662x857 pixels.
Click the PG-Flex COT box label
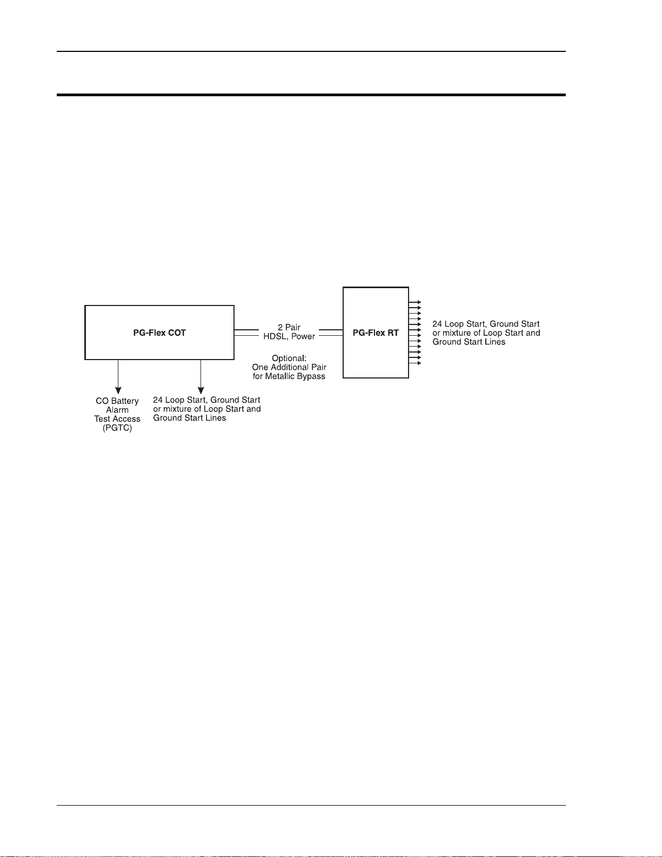159,333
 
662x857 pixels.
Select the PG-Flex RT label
376,333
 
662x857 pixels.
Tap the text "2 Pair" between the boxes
289,327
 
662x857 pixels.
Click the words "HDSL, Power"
289,336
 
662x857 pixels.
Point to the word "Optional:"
289,358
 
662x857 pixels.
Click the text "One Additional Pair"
289,367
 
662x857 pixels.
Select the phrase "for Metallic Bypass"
289,376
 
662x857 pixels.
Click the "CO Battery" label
117,401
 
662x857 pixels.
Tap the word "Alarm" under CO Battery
117,410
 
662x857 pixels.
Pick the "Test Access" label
117,419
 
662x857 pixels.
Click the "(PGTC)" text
117,428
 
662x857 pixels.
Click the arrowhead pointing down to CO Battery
118,390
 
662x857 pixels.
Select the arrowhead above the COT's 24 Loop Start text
200,390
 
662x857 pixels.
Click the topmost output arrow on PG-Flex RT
418,302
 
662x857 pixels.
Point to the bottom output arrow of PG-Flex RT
418,363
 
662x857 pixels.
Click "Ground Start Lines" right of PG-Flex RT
469,342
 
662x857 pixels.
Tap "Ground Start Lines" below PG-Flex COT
190,418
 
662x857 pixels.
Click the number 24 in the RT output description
437,324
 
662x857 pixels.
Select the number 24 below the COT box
158,400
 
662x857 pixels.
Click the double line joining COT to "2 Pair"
246,333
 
